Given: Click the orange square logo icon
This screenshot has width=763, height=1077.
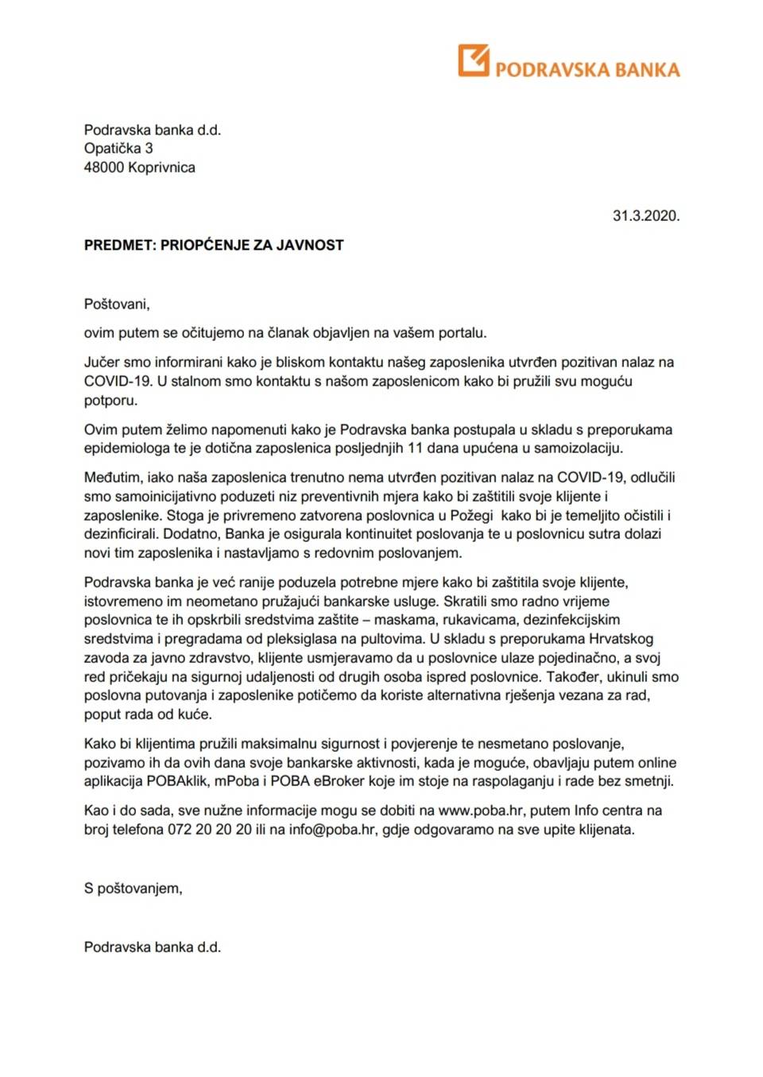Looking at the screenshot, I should tap(473, 60).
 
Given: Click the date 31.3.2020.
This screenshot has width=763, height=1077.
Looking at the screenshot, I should tap(645, 215).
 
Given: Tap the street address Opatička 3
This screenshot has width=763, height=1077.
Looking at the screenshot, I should tap(118, 149).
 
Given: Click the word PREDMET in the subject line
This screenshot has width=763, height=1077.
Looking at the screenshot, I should tap(119, 245).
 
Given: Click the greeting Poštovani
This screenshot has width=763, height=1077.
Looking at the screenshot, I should tap(116, 304).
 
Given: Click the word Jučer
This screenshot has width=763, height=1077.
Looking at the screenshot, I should tap(102, 362).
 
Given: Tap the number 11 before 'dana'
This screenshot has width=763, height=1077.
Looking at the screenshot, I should tap(414, 448).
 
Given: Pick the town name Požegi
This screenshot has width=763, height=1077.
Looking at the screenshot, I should tap(471, 516).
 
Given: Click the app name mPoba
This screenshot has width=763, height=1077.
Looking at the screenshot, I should tap(238, 781).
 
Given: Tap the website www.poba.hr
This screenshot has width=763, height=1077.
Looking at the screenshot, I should tap(480, 811).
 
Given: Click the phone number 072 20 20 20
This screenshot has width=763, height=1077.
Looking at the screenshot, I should tap(209, 830).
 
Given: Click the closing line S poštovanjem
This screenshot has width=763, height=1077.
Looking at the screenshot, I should tap(133, 889).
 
